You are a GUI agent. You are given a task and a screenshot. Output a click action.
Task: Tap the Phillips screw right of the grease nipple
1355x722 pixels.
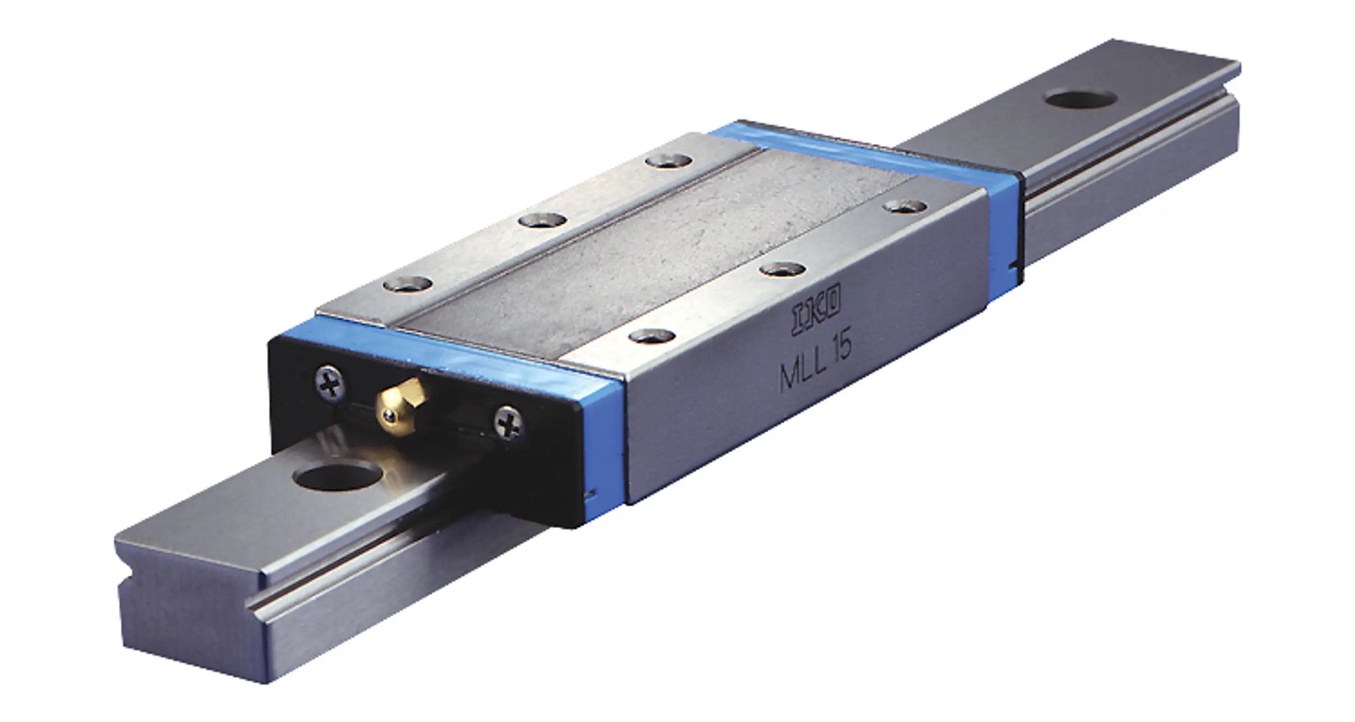click(509, 422)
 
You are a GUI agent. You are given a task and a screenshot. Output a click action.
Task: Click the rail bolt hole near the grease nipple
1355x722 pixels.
click(337, 476)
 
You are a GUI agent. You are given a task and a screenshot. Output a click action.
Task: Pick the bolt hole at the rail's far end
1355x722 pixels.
click(1081, 98)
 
